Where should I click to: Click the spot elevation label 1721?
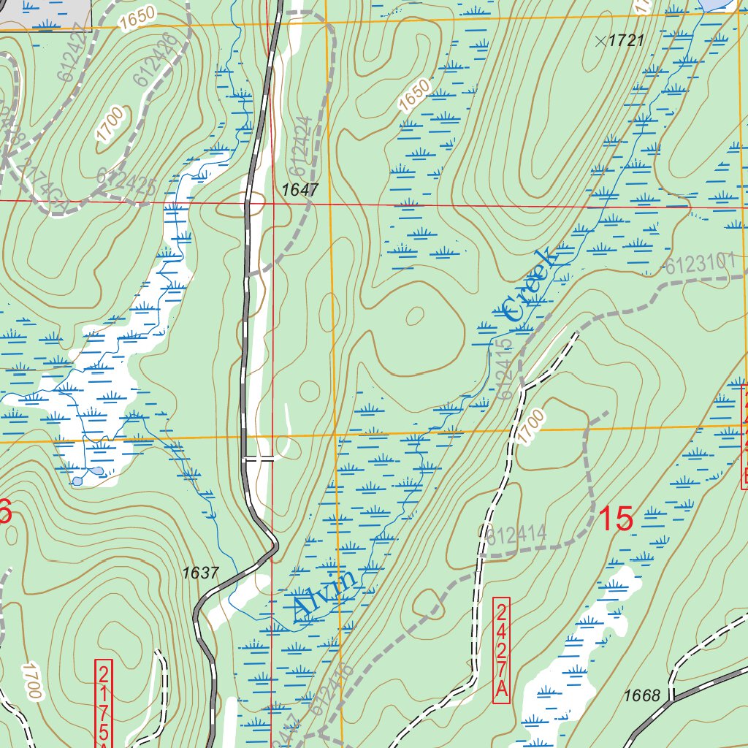pyautogui.click(x=626, y=41)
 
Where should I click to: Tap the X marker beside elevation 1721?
pyautogui.click(x=600, y=41)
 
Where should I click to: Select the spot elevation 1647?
pyautogui.click(x=300, y=189)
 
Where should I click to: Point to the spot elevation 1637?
pyautogui.click(x=200, y=573)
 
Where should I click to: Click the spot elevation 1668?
pyautogui.click(x=642, y=695)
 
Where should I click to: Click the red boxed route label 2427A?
pyautogui.click(x=501, y=651)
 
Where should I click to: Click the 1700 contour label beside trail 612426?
pyautogui.click(x=110, y=123)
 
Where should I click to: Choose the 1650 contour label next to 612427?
pyautogui.click(x=138, y=16)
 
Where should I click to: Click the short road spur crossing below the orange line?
pyautogui.click(x=260, y=459)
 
